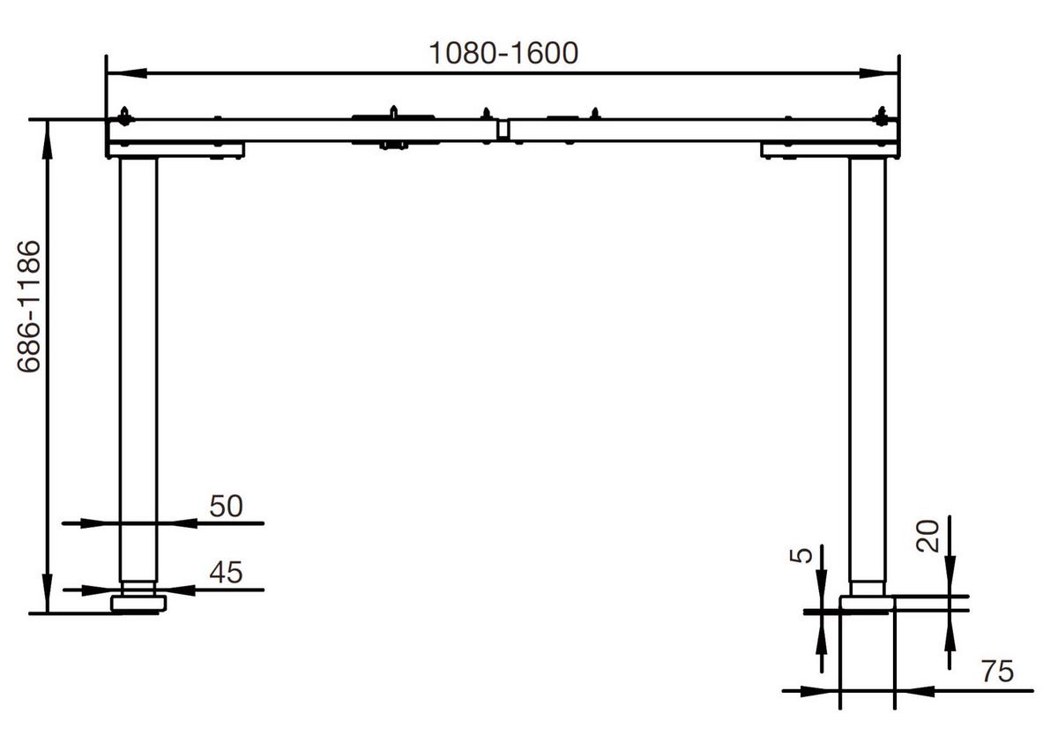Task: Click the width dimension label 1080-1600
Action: [503, 53]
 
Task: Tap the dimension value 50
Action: [225, 506]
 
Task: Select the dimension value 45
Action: [225, 573]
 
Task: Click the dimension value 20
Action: [928, 535]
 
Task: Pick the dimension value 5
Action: [800, 556]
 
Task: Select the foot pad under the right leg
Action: [867, 604]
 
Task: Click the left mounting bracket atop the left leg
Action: [176, 151]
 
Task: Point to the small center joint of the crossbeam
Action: [503, 131]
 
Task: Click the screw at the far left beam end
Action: [124, 115]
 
